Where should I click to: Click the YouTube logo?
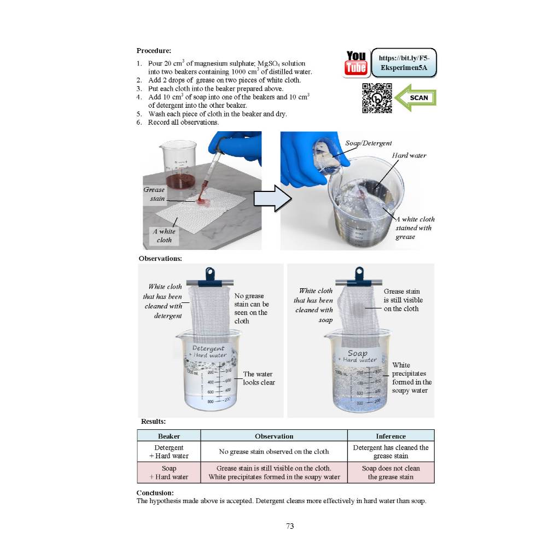[356, 63]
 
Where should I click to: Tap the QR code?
[377, 98]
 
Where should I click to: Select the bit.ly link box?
[404, 62]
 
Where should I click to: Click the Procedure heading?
[154, 50]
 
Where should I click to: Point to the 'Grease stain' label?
[154, 194]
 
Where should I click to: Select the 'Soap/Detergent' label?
[369, 143]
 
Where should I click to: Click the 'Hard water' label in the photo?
[409, 156]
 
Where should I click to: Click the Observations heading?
[160, 258]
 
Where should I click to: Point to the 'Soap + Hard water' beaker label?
[357, 356]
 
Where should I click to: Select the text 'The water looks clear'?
[259, 378]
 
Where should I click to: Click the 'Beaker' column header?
[169, 436]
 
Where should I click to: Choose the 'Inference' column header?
[390, 436]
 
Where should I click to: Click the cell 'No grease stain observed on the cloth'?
[274, 452]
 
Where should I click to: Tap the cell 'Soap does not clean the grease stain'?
[390, 472]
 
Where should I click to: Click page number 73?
[290, 526]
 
